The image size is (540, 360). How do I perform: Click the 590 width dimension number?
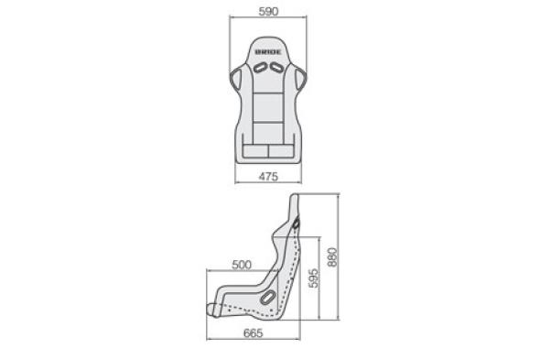(268, 11)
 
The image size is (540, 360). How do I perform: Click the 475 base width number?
(268, 177)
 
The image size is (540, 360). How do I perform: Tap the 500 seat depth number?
(242, 265)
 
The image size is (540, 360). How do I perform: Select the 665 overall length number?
(254, 333)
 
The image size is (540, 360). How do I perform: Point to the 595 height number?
(313, 278)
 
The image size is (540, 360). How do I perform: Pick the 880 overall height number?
(332, 256)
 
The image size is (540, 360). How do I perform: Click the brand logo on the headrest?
(268, 52)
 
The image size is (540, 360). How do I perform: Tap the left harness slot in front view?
(260, 67)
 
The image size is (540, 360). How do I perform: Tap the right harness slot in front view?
(276, 67)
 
